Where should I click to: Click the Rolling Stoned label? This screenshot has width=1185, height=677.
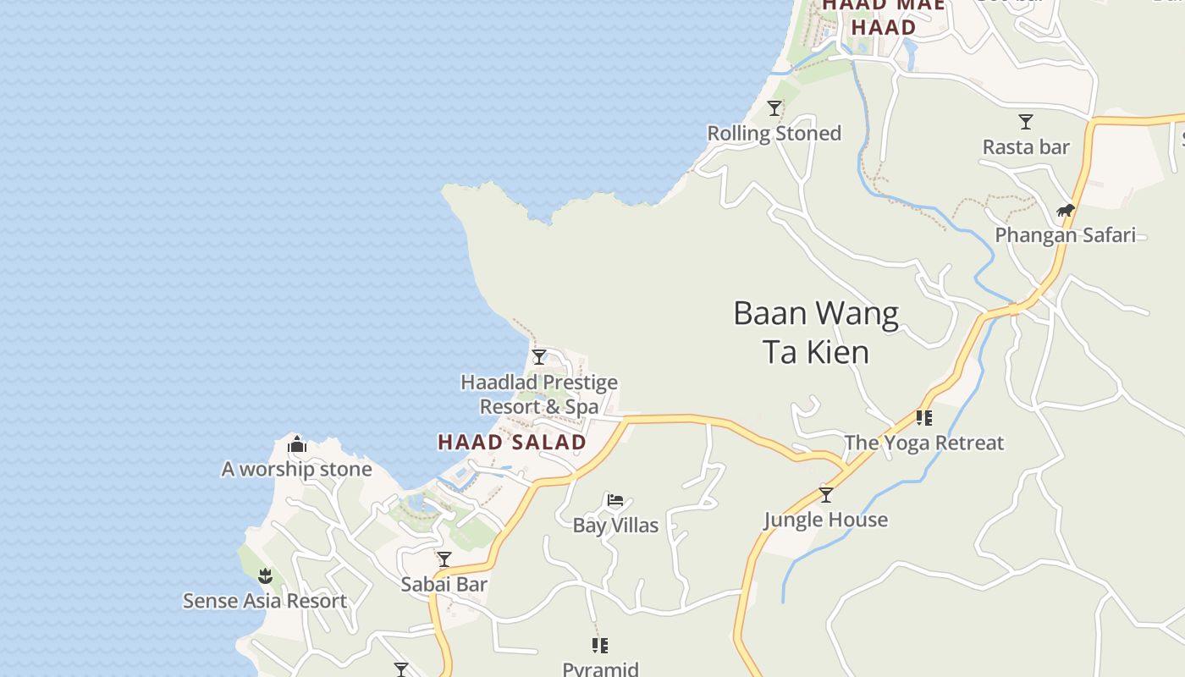(x=774, y=134)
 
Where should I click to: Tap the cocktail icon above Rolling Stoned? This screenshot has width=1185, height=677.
(x=774, y=108)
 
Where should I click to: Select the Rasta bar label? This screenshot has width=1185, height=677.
(x=1026, y=147)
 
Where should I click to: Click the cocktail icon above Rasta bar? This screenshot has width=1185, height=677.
(x=1026, y=122)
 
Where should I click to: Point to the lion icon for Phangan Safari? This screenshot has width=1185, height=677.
(x=1065, y=211)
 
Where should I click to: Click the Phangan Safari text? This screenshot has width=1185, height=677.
(x=1065, y=235)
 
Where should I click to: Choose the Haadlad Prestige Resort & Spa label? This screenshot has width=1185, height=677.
(x=539, y=395)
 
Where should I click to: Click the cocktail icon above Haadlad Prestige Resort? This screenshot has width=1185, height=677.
(x=539, y=357)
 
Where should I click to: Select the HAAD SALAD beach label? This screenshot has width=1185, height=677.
(x=512, y=442)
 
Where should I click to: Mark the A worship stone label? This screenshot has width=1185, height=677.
(x=296, y=470)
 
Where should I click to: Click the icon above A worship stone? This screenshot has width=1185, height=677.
(x=296, y=444)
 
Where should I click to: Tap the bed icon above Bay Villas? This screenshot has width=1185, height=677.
(x=615, y=501)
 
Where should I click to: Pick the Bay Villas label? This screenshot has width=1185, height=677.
(x=615, y=526)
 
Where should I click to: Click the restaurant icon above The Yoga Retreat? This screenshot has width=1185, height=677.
(x=923, y=418)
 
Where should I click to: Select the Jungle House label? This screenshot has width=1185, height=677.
(x=825, y=520)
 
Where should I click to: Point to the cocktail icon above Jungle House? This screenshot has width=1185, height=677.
(x=825, y=495)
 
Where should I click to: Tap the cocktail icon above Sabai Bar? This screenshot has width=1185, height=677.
(x=444, y=559)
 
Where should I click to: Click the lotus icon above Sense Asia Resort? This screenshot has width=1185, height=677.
(x=265, y=576)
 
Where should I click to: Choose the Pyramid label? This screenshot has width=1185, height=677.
(x=600, y=669)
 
